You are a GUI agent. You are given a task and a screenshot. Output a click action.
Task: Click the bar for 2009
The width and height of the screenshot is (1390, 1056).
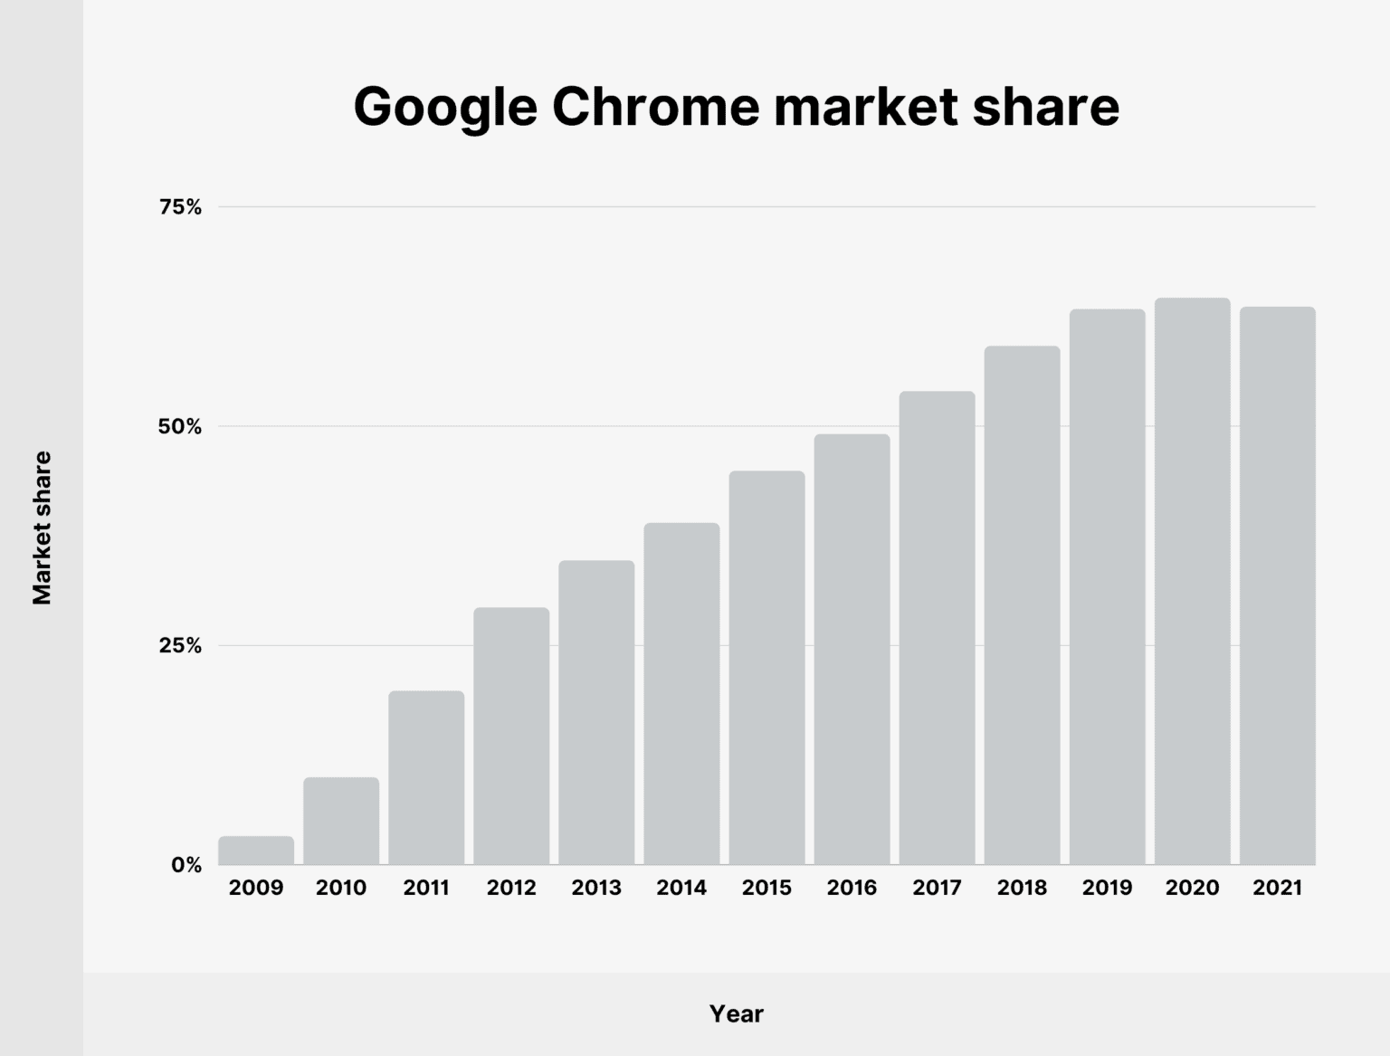point(256,851)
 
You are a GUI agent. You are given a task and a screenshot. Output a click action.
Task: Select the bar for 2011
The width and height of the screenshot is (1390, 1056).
point(426,778)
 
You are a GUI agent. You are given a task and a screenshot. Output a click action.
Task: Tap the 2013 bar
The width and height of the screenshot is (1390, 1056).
point(596,713)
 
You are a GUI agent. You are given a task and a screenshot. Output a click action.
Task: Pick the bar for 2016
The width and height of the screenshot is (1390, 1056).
point(852,650)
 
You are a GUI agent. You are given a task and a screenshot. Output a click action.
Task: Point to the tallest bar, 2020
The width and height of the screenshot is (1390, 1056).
point(1192,582)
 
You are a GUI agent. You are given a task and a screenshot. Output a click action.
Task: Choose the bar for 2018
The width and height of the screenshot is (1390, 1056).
point(1022,605)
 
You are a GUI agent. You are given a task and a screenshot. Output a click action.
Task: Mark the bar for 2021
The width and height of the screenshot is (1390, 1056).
point(1277,586)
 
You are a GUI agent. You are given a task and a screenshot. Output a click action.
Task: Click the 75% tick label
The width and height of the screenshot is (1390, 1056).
point(180,207)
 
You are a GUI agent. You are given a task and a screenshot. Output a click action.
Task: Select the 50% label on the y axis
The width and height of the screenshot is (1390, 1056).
point(180,426)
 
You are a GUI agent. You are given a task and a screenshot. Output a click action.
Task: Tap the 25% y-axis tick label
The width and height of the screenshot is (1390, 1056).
point(180,645)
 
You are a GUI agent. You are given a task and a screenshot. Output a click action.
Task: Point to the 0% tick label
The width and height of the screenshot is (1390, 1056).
point(186,865)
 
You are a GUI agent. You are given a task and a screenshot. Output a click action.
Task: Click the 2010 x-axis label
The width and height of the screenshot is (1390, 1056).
point(341,888)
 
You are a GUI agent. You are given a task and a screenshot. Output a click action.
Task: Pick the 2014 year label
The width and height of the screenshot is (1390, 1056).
point(681,888)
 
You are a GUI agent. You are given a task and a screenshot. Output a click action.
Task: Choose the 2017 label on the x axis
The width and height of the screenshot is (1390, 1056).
point(937,888)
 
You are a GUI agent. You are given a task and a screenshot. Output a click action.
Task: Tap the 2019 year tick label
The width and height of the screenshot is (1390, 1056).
point(1107,888)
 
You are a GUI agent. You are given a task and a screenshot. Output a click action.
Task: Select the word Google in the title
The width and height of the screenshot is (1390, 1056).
point(445,107)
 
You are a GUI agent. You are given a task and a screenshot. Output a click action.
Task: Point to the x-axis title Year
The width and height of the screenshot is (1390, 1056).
point(736,1013)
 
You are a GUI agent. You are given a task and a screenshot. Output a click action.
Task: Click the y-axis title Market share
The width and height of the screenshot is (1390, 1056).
point(43,528)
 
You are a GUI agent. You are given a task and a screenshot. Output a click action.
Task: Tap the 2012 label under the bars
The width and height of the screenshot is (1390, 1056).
point(511,888)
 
